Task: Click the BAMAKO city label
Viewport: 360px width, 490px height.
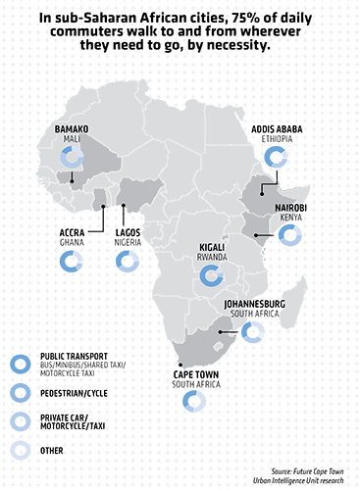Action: pyautogui.click(x=71, y=126)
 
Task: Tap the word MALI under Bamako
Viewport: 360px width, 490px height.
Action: pyautogui.click(x=71, y=138)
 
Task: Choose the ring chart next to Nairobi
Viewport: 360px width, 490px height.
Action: pyautogui.click(x=289, y=234)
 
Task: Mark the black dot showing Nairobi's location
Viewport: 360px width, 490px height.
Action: pyautogui.click(x=255, y=236)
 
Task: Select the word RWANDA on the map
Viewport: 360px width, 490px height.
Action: pyautogui.click(x=212, y=260)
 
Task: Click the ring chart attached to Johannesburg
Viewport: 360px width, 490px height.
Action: pyautogui.click(x=254, y=332)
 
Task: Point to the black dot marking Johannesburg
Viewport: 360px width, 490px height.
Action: pyautogui.click(x=223, y=332)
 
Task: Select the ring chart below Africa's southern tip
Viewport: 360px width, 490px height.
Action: pyautogui.click(x=193, y=400)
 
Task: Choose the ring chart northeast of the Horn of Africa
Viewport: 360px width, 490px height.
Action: pyautogui.click(x=278, y=156)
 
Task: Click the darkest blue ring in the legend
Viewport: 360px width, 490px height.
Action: pyautogui.click(x=19, y=365)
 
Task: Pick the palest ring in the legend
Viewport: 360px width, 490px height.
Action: pyautogui.click(x=19, y=450)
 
